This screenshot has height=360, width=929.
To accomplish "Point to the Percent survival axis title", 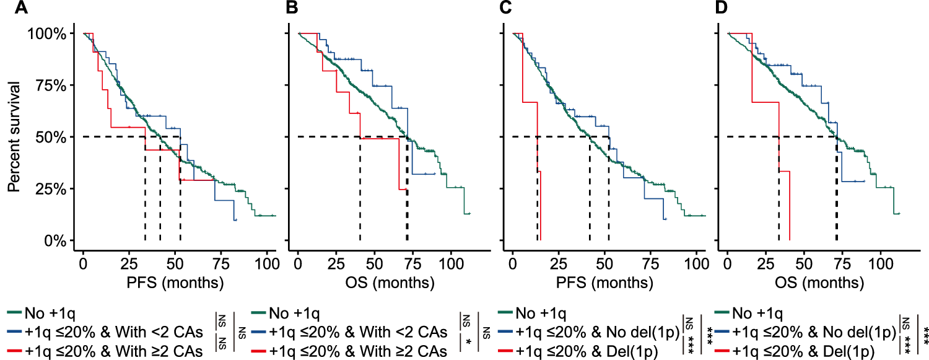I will [13, 137].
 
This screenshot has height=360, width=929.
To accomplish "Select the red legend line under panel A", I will [15, 351].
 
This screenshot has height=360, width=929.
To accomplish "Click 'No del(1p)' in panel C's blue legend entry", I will [645, 332].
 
